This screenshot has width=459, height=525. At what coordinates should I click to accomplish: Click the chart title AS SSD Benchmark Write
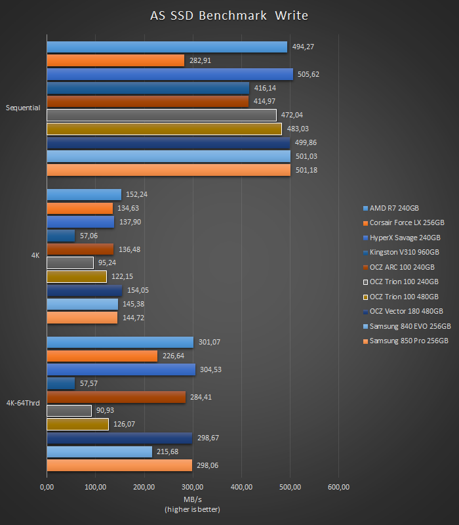(229, 15)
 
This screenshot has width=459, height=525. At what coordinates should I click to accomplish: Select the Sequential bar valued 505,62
(170, 74)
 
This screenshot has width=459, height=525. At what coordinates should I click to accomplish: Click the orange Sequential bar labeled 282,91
(115, 60)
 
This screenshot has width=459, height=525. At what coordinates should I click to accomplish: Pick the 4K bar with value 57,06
(61, 236)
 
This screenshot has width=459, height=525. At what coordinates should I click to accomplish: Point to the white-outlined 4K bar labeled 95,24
(70, 263)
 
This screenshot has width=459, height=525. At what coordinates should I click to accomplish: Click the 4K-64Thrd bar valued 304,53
(121, 369)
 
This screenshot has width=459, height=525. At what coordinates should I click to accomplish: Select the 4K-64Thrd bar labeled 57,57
(61, 383)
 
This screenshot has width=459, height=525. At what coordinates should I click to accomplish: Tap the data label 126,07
(125, 425)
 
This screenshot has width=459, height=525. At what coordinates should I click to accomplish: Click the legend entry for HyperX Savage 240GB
(405, 238)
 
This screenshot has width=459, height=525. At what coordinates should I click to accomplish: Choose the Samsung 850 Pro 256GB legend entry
(409, 341)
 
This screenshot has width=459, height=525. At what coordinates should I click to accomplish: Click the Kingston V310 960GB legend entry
(404, 252)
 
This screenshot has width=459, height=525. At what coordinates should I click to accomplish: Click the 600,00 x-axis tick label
(338, 487)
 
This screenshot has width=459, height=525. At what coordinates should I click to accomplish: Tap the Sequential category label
(23, 108)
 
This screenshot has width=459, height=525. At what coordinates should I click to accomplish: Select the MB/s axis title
(192, 500)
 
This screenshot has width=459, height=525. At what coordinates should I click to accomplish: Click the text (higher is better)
(192, 509)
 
